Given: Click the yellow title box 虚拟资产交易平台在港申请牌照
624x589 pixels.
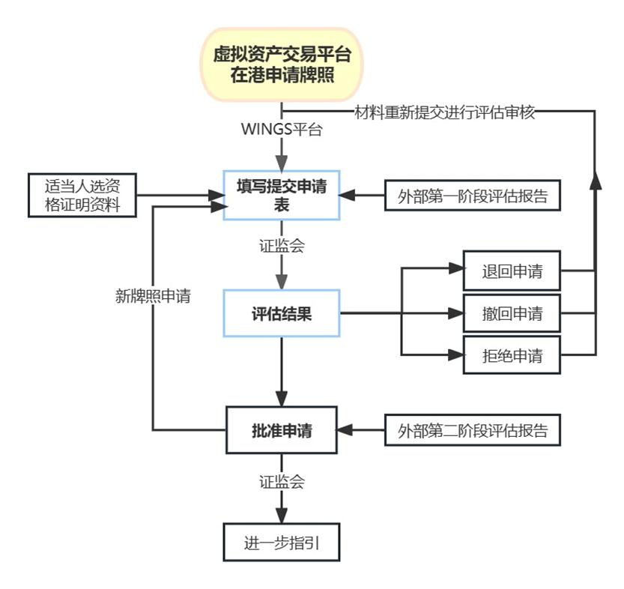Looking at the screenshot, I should coord(282,64).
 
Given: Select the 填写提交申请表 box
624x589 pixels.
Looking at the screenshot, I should coord(282,195).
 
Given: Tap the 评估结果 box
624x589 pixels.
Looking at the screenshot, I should coord(282,314).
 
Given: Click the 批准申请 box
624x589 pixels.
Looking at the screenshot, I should coord(282,430).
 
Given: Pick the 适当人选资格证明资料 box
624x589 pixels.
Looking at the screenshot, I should coord(82,195).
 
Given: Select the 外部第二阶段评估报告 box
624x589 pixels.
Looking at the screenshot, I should coord(473,431).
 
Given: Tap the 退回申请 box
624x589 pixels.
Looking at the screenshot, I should coord(512,271).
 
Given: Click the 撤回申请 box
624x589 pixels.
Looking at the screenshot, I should coord(512,313).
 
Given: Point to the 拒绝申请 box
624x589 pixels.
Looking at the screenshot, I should coord(512,355).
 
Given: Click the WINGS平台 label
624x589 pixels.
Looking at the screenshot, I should coord(282,130).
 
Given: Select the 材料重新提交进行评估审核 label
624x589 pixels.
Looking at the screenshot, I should coord(445,112).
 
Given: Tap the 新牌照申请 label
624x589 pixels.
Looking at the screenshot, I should coord(153,296).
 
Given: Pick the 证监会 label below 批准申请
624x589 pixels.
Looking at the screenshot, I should coord(282,482).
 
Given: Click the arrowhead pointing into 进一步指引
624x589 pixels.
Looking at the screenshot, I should coord(282,516).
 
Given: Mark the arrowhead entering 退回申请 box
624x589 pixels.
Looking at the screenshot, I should coord(456,270).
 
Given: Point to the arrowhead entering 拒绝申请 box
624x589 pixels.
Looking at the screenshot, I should coord(456,354).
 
